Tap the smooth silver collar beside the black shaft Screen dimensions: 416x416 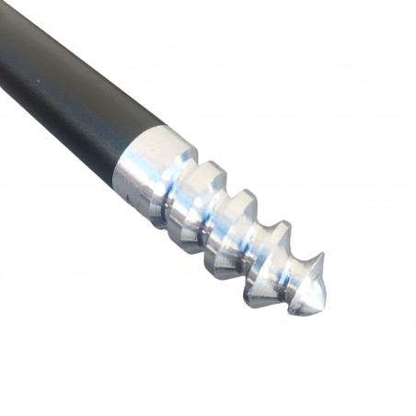click(152, 170)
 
